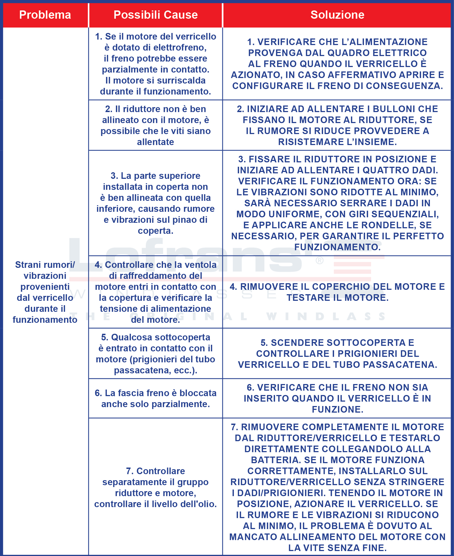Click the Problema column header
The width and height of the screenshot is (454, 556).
click(x=45, y=15)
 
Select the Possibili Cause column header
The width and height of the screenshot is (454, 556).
click(x=156, y=15)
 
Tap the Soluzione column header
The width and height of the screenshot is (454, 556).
click(x=337, y=15)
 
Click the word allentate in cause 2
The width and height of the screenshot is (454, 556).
click(x=155, y=142)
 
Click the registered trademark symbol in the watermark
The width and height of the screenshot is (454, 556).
click(x=319, y=260)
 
